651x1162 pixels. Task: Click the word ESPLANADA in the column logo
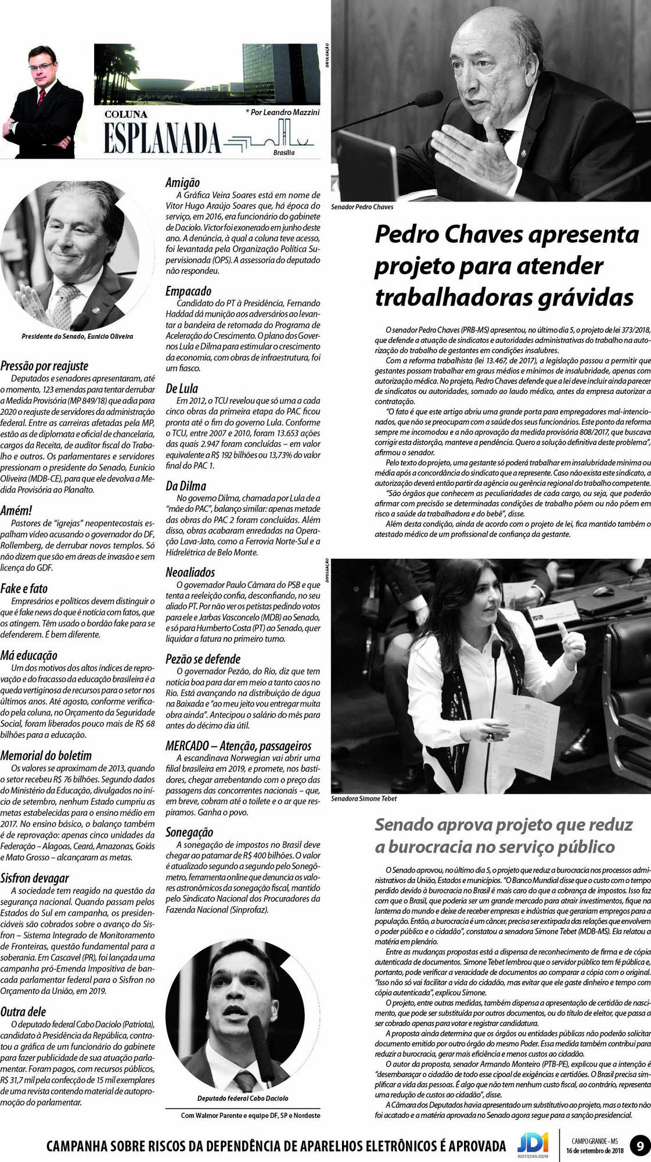[x=163, y=138]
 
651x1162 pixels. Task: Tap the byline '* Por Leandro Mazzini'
[x=282, y=112]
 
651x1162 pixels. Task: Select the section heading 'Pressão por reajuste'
[x=44, y=366]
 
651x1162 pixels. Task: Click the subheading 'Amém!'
[x=16, y=511]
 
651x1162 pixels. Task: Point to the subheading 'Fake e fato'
[x=24, y=589]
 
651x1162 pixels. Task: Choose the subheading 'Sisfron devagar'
[x=34, y=878]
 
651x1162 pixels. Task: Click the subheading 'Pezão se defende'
[x=203, y=659]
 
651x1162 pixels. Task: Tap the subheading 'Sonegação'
[x=189, y=832]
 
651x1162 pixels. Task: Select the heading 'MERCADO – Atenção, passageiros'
[x=238, y=746]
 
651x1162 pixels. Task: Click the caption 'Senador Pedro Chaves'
[x=362, y=207]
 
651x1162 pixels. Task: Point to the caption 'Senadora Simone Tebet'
[x=364, y=798]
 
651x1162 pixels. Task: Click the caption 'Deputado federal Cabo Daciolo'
[x=243, y=1098]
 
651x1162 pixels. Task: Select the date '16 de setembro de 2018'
[x=594, y=1151]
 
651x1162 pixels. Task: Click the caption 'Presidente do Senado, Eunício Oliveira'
[x=77, y=336]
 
